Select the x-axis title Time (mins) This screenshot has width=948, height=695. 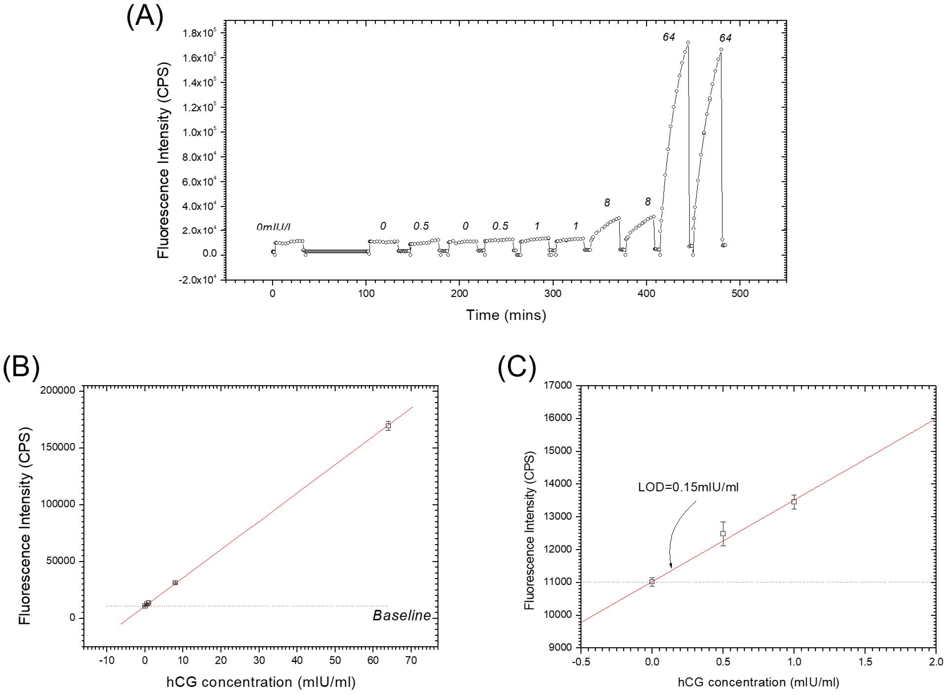[506, 315]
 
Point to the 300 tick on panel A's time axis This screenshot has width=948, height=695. [552, 294]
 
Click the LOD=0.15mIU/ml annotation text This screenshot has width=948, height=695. [688, 487]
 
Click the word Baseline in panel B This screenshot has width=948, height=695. [401, 615]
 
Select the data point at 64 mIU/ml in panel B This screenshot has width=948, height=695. [388, 425]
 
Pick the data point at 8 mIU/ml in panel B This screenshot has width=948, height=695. [175, 583]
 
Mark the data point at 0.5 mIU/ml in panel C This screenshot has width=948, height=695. [723, 533]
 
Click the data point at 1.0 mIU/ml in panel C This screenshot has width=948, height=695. [794, 501]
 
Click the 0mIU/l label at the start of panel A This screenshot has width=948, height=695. [273, 227]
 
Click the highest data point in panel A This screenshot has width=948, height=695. [688, 42]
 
